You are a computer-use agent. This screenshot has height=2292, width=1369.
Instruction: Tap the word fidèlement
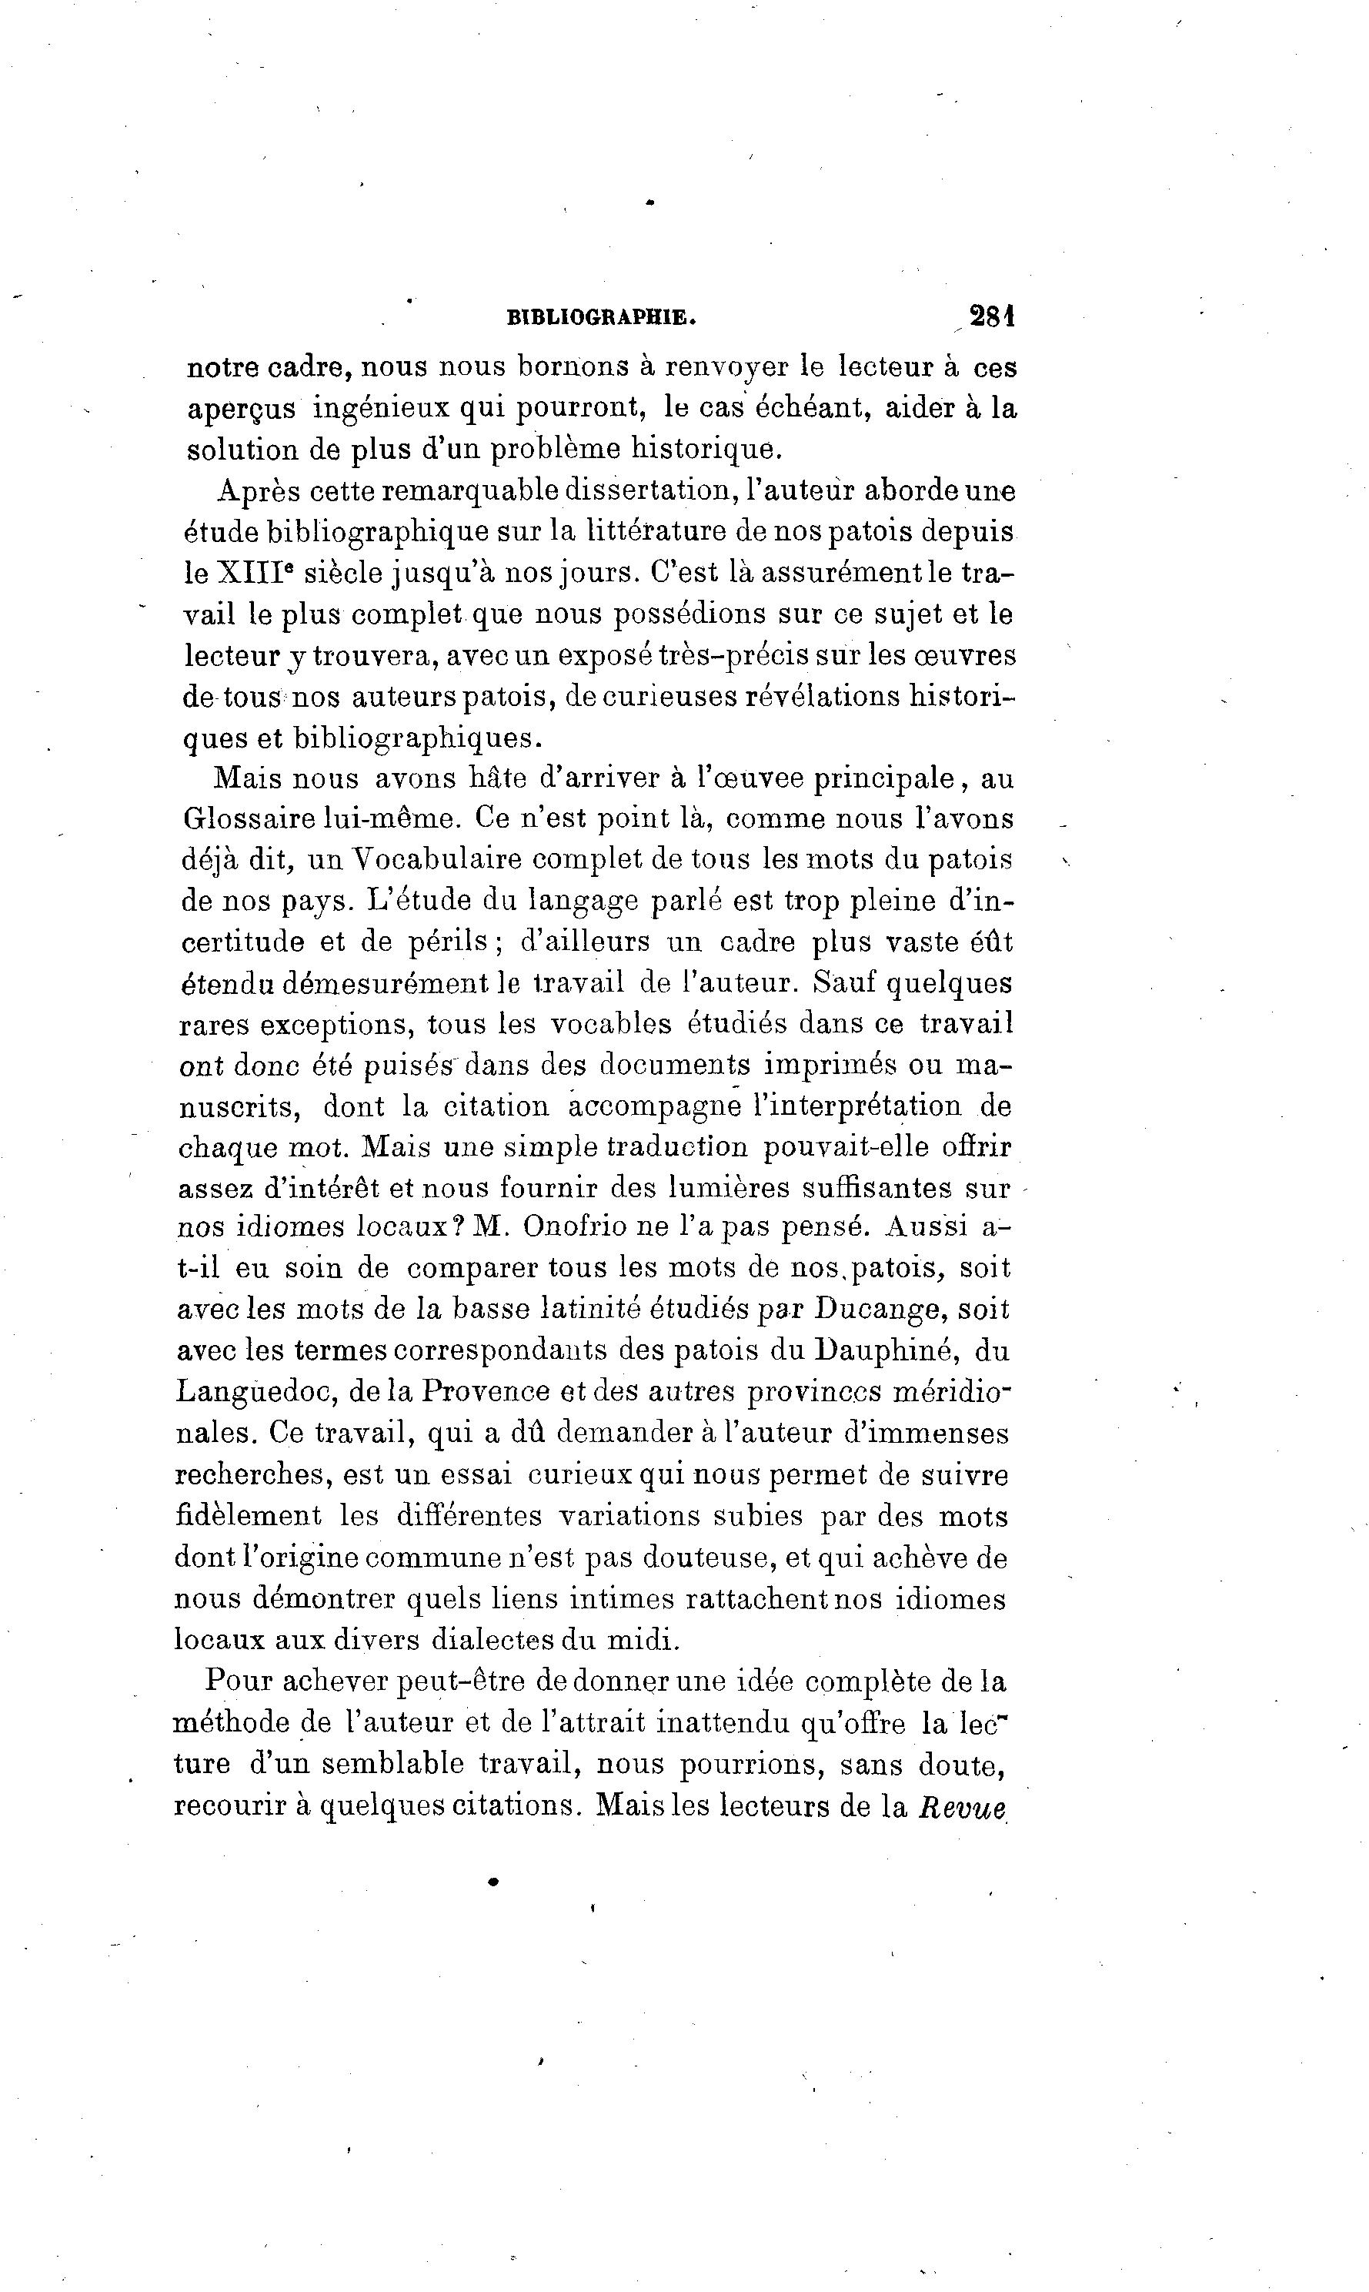pos(248,1516)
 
